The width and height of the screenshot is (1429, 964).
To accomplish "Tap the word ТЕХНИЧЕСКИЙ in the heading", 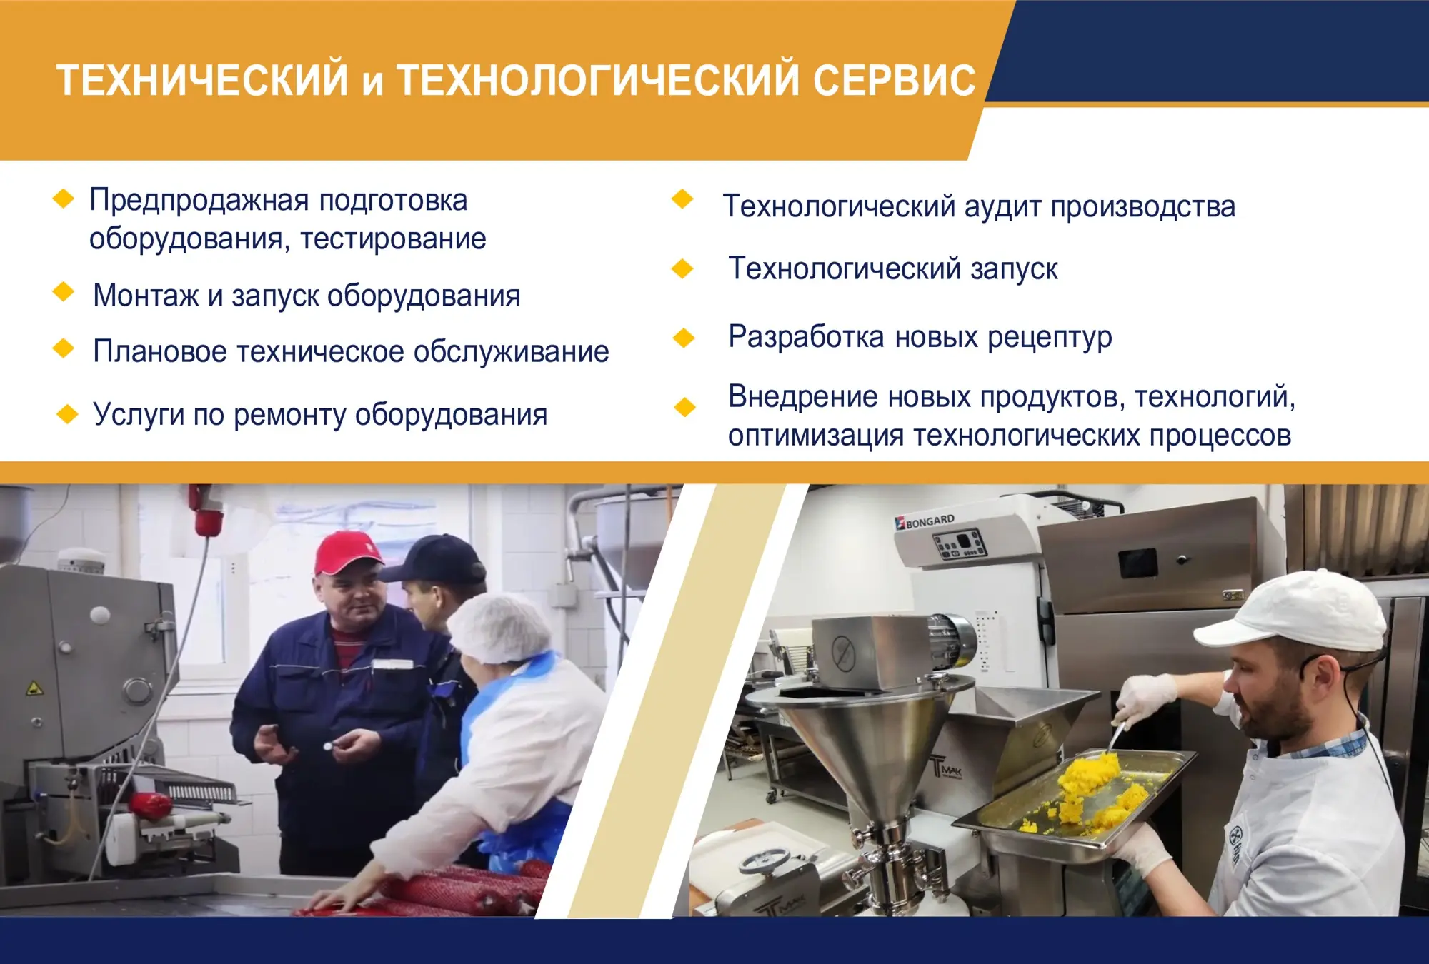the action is coord(202,79).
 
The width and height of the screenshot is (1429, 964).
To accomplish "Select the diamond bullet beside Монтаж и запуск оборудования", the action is coord(64,291).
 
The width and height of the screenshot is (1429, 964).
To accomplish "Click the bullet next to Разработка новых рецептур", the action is coord(684,337).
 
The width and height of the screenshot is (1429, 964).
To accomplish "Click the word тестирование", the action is coord(393,239).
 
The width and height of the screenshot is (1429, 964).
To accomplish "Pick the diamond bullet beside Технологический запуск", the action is coord(682,268).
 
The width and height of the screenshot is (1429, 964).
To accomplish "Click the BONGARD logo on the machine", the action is coord(925,521).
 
